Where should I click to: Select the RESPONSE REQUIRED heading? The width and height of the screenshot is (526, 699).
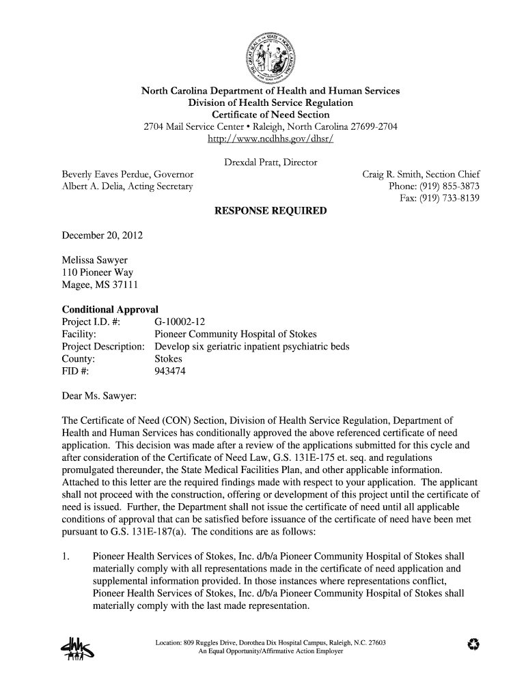pos(271,211)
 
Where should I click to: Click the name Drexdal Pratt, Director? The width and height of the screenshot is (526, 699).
pos(271,162)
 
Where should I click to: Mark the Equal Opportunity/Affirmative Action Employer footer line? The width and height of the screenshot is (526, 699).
pos(271,651)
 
